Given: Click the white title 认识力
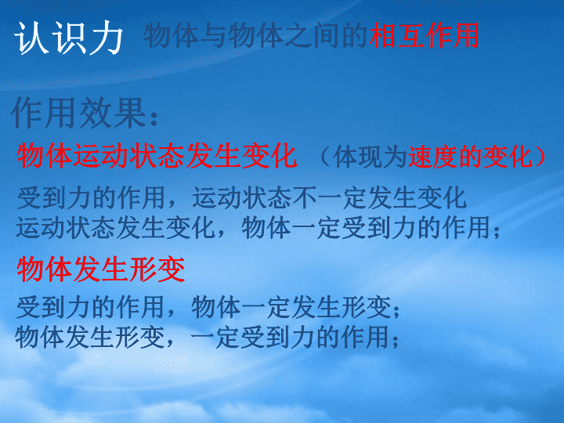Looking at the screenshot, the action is click(x=68, y=38).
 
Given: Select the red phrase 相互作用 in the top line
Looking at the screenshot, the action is click(x=425, y=35).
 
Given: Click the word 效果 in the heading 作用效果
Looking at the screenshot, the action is click(x=113, y=113).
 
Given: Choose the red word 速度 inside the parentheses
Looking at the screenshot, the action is click(x=433, y=157).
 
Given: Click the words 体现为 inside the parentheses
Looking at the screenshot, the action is click(x=370, y=157).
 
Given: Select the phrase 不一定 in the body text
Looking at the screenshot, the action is click(x=330, y=198).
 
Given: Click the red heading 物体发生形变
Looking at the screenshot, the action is click(x=101, y=269).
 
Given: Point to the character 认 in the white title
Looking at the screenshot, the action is click(x=31, y=38).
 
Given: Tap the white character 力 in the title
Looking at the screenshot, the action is click(x=107, y=38).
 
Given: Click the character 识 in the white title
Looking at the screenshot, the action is click(x=69, y=38).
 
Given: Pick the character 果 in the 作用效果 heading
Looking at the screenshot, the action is click(x=130, y=113).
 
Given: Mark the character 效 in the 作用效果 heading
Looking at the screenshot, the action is click(x=96, y=113).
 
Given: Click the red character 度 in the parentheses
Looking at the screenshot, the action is click(x=446, y=157).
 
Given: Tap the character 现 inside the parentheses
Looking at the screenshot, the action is click(x=371, y=157).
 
